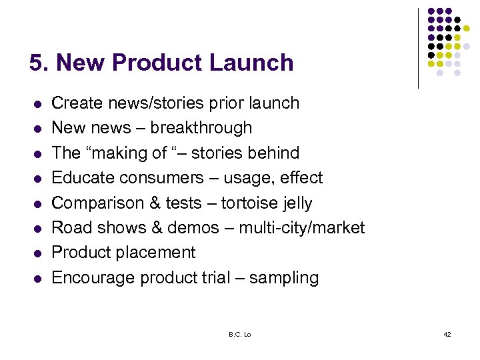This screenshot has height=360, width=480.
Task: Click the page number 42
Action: click(x=447, y=333)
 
